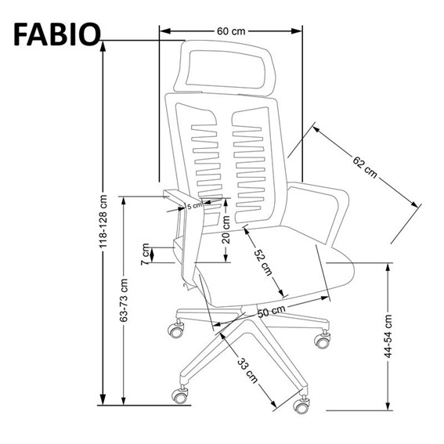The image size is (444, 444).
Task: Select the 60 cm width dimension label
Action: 231,31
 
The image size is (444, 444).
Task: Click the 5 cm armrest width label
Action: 193,205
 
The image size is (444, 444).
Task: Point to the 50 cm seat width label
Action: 269,312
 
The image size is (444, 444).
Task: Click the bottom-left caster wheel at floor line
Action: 181,395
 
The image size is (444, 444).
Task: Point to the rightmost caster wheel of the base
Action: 321,339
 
